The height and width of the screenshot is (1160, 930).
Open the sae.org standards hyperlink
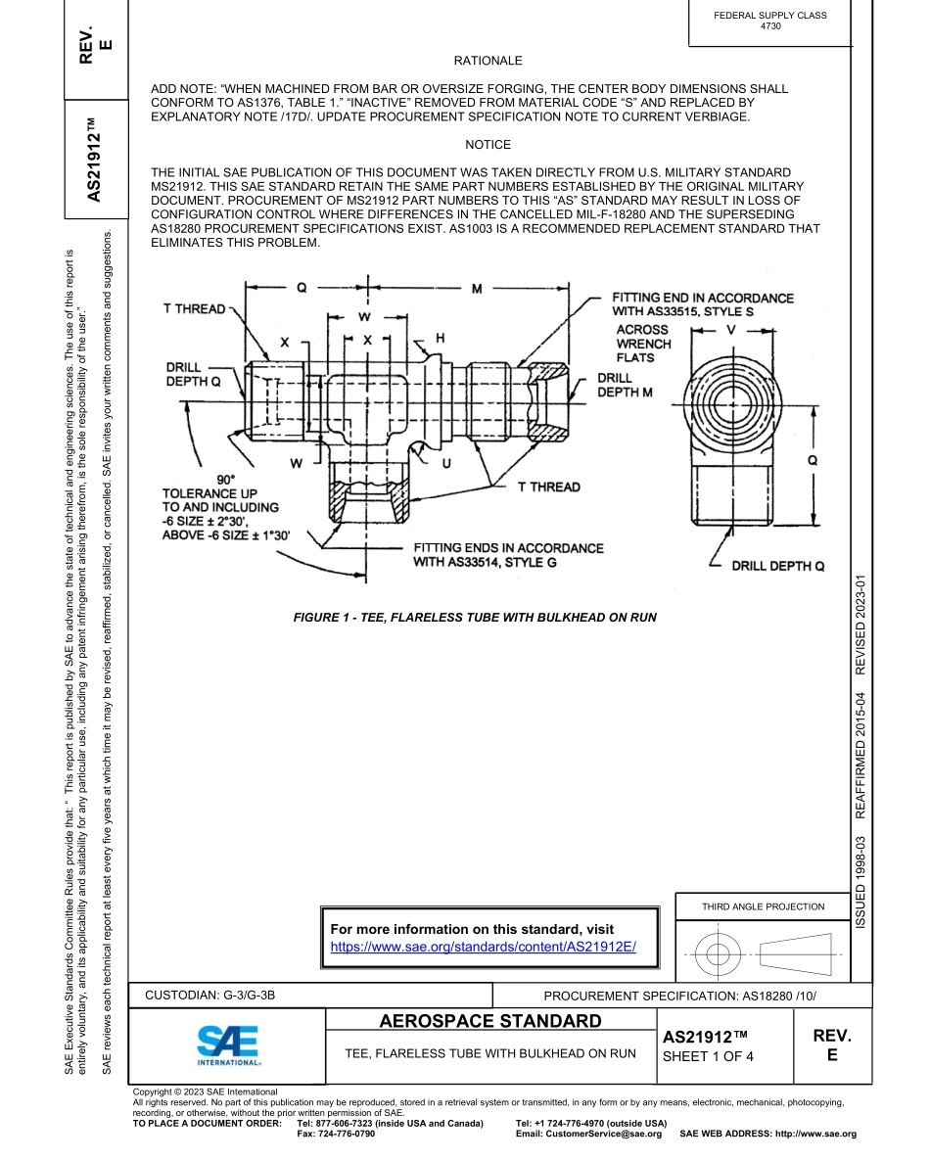[x=483, y=947]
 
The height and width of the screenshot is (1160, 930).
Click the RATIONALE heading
[x=488, y=61]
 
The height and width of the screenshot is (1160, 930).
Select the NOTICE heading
[x=488, y=145]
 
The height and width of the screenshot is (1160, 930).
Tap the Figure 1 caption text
[x=475, y=618]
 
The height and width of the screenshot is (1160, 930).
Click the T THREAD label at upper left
[x=193, y=309]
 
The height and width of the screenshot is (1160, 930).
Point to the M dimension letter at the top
[x=477, y=289]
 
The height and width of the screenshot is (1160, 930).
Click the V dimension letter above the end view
[x=730, y=330]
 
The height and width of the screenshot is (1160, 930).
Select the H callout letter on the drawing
[x=441, y=337]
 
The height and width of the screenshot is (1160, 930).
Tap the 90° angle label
[x=226, y=480]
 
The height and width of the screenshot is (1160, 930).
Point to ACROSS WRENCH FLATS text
[x=643, y=344]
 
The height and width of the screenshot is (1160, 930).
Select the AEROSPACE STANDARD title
[x=490, y=1022]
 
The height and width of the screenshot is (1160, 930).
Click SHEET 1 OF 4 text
[x=708, y=1056]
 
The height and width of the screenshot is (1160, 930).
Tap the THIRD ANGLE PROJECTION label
[x=763, y=906]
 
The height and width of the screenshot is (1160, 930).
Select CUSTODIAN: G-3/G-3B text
[x=210, y=996]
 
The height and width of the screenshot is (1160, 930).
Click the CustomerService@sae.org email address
[x=588, y=1134]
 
